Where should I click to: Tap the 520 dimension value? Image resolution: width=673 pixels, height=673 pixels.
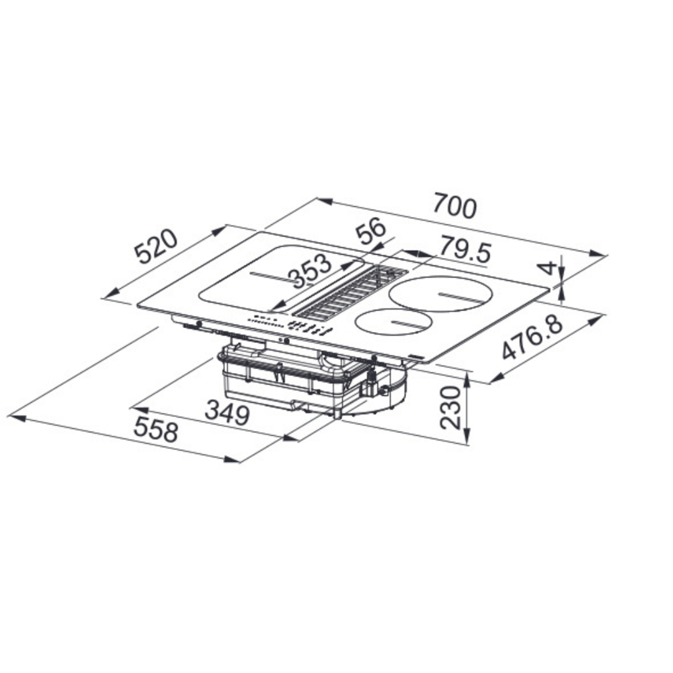point(156,247)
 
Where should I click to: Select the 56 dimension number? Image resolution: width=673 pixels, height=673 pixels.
point(371,231)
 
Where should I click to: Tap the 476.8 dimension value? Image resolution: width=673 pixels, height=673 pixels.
point(532,338)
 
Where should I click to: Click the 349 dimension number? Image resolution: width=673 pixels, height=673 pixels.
point(227,413)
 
